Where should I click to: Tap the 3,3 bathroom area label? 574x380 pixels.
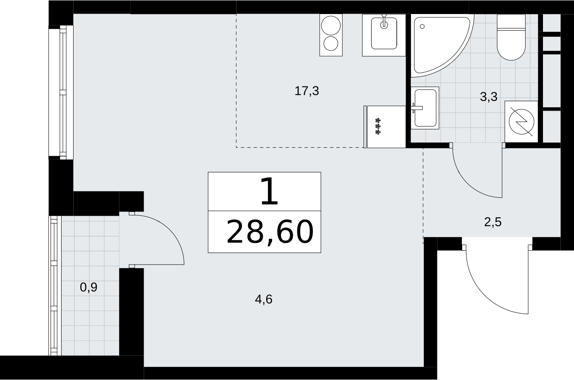pyautogui.click(x=489, y=97)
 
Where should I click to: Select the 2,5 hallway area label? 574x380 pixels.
pyautogui.click(x=493, y=222)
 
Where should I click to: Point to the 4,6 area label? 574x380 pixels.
pyautogui.click(x=264, y=299)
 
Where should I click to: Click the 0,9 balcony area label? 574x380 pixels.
pyautogui.click(x=89, y=287)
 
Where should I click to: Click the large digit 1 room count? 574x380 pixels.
pyautogui.click(x=269, y=191)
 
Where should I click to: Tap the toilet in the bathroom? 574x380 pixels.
pyautogui.click(x=511, y=37)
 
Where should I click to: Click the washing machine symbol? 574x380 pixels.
pyautogui.click(x=521, y=122)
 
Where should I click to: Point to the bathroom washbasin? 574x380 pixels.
pyautogui.click(x=425, y=108)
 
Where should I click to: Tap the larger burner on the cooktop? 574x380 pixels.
pyautogui.click(x=331, y=26)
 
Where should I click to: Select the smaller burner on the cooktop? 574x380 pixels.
pyautogui.click(x=331, y=43)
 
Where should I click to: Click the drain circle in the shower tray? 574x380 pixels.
pyautogui.click(x=422, y=26)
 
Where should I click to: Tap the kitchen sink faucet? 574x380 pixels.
pyautogui.click(x=384, y=22)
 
